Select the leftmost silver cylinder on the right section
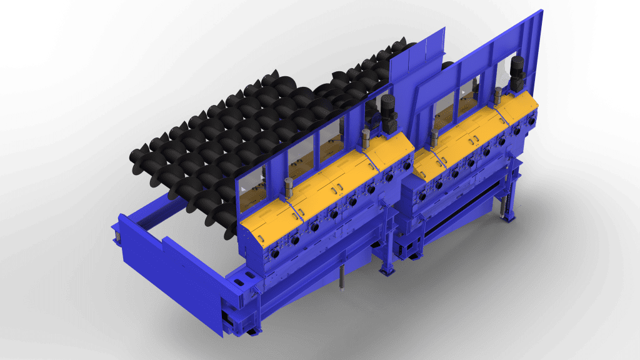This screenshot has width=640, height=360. tap(431, 138)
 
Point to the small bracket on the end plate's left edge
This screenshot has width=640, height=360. tap(117, 234)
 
